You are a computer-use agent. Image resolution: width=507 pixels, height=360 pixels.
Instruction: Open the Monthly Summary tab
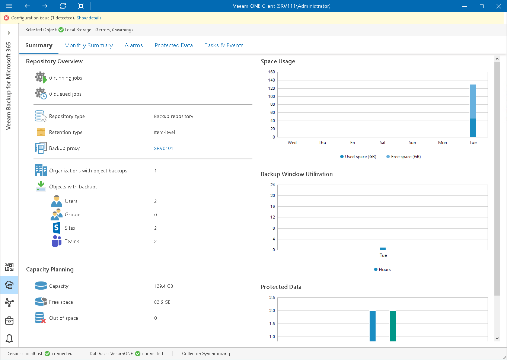[x=88, y=45]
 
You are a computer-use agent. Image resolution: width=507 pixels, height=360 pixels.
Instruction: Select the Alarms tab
[x=134, y=45]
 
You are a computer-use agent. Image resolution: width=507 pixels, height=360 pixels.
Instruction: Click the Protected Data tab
[x=173, y=45]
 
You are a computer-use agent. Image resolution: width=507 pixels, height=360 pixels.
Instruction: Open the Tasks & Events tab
[x=224, y=45]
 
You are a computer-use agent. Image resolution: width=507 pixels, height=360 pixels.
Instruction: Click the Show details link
[x=89, y=18]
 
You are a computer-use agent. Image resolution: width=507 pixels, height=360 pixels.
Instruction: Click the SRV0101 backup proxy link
[x=163, y=149]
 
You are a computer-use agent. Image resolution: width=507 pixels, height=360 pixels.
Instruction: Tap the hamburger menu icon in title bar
[x=9, y=6]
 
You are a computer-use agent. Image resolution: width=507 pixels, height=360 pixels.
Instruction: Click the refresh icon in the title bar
[x=63, y=6]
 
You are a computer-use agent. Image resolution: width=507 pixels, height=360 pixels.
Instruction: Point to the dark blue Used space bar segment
[x=473, y=128]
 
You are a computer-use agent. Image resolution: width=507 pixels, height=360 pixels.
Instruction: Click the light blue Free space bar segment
[x=473, y=101]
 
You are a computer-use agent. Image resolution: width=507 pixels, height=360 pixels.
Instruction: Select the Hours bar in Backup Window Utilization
[x=383, y=249]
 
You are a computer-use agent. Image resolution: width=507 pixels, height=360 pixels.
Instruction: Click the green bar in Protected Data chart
[x=393, y=326]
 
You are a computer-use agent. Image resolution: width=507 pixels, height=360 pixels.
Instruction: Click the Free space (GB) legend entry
[x=404, y=157]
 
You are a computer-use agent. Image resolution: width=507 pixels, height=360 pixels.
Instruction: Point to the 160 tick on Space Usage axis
[x=271, y=72]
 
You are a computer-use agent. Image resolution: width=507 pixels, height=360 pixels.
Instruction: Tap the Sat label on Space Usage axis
[x=383, y=143]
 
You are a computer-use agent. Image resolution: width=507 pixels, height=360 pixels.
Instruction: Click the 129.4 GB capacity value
[x=163, y=286]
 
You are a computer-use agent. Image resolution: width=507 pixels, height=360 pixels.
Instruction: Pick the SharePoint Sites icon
[x=56, y=228]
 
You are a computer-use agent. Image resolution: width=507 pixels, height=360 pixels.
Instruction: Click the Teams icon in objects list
[x=56, y=241]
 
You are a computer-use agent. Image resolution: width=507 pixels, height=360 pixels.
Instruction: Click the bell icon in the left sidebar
[x=9, y=338]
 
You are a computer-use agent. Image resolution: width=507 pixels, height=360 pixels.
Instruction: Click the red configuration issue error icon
[x=6, y=18]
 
